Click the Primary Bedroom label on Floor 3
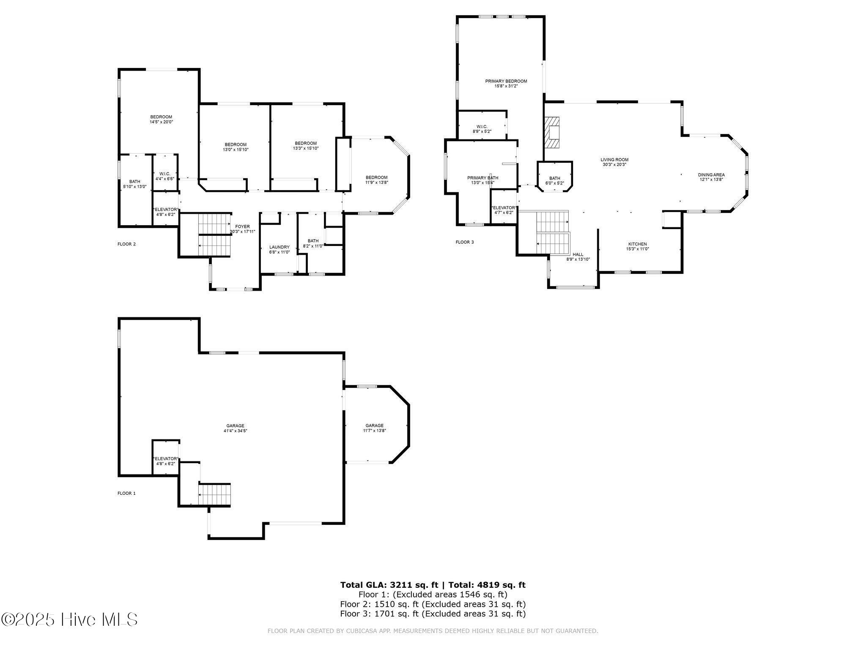(x=506, y=81)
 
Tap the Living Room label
(x=614, y=160)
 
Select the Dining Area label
(x=711, y=175)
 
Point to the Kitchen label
(x=637, y=244)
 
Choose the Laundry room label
(x=280, y=247)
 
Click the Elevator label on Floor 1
(x=165, y=458)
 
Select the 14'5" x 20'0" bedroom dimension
(x=161, y=122)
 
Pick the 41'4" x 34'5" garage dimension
(x=235, y=431)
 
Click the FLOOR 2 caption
(x=126, y=244)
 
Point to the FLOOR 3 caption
(x=465, y=242)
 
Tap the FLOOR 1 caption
(x=126, y=493)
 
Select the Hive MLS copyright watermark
(x=69, y=620)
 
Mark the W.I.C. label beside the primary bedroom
(x=482, y=126)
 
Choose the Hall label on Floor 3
(x=578, y=254)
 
